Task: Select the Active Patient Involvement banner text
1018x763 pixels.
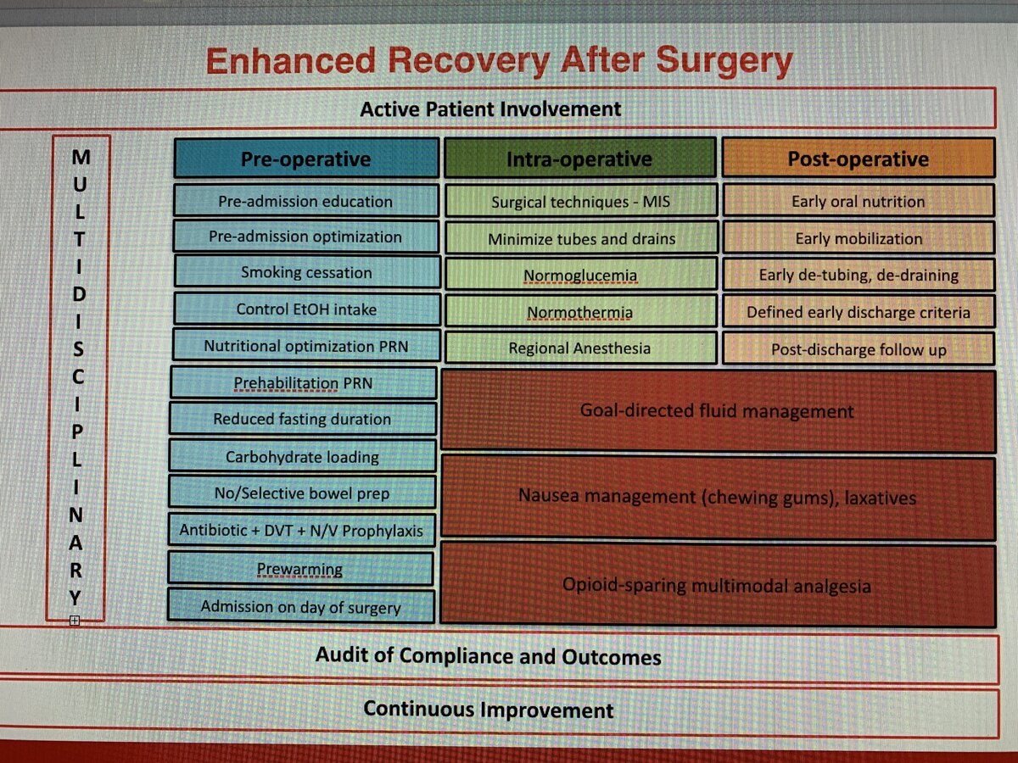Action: tap(490, 109)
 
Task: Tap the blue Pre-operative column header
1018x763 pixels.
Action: tap(306, 159)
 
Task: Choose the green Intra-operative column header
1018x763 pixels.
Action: tap(579, 158)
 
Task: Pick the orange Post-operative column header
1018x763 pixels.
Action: tap(859, 158)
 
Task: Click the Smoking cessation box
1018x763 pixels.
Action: tap(306, 272)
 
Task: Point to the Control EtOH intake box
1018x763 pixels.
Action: tap(306, 309)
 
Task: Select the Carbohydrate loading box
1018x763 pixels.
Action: tap(302, 457)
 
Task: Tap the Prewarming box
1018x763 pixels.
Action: tap(300, 568)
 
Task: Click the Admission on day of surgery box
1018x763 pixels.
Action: tap(301, 606)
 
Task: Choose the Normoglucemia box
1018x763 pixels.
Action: tap(580, 275)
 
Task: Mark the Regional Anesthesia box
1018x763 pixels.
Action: tap(580, 348)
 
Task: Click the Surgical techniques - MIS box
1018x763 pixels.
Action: tap(580, 202)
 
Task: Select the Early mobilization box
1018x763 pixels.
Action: tap(859, 238)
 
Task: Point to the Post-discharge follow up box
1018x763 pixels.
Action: tap(859, 349)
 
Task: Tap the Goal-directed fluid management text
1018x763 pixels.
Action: tap(717, 411)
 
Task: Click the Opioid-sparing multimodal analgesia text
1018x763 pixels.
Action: tap(717, 586)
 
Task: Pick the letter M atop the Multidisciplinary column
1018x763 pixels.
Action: tap(81, 157)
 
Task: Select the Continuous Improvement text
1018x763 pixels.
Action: tap(489, 710)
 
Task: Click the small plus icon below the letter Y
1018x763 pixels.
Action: tap(74, 621)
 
